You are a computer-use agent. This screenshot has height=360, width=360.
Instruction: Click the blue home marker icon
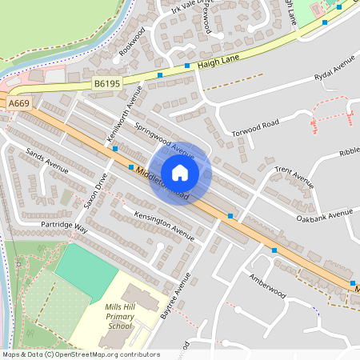(x=180, y=172)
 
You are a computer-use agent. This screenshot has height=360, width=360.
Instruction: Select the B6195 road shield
(x=105, y=82)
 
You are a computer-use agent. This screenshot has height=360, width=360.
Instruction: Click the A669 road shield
(x=19, y=104)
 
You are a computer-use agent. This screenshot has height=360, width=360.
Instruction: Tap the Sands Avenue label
(x=47, y=161)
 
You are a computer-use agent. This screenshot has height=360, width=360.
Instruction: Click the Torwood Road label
(x=255, y=124)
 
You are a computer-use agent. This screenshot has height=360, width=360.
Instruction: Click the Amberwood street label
(x=266, y=283)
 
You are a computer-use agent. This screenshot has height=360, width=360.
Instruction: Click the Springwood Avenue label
(x=165, y=140)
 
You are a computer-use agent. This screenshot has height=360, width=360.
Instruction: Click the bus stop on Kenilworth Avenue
(x=115, y=149)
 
